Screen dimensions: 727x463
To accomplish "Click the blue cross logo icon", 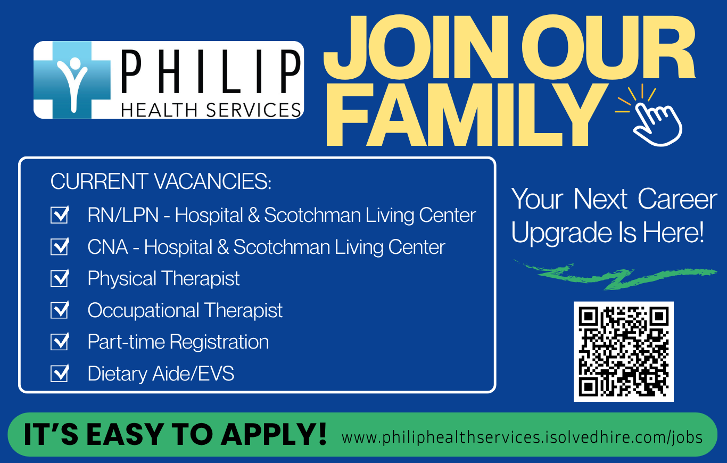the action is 72,80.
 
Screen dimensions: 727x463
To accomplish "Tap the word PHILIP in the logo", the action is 211,72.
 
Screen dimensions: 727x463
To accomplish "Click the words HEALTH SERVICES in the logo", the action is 211,110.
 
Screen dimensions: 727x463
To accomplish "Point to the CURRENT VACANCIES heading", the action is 161,181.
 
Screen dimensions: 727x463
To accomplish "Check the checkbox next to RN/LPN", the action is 60,214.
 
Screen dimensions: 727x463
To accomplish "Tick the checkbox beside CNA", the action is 60,246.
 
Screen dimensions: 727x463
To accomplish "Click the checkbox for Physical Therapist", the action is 60,278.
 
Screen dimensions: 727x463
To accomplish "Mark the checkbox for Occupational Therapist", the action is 60,310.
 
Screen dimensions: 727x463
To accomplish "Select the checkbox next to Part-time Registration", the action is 60,341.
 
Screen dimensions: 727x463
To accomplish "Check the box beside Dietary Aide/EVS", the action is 60,373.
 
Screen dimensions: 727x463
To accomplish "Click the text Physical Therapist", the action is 163,279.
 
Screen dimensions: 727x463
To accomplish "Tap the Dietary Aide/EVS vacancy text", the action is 161,374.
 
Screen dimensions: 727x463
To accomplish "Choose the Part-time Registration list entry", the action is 178,342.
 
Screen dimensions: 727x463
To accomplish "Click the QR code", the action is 623,352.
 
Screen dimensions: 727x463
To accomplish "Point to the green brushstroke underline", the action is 615,275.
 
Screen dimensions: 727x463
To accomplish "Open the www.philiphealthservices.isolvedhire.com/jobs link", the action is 522,437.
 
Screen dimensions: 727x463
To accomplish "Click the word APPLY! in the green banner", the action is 274,434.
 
